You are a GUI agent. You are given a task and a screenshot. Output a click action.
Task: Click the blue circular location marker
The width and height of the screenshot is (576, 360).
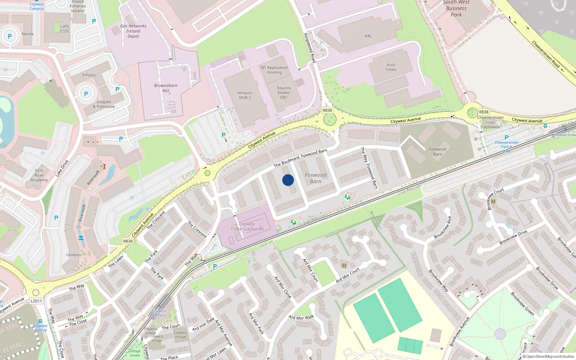point(288,180)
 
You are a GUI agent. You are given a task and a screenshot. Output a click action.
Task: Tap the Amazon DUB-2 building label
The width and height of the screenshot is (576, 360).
point(245,95)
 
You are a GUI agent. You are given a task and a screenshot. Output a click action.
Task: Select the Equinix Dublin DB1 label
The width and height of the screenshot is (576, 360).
point(284,93)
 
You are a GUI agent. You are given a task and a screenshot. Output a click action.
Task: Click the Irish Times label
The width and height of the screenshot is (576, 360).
point(391,67)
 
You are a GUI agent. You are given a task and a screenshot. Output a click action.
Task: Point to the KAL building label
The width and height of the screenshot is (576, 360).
point(368,36)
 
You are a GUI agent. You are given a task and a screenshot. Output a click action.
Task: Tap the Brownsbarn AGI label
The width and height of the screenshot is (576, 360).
point(166,88)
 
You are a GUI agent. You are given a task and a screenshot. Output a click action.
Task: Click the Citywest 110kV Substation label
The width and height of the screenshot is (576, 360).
point(247,226)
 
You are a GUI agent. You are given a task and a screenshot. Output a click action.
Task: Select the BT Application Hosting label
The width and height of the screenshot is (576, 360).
point(275,70)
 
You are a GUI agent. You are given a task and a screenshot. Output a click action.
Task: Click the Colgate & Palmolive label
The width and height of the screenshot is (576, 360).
point(104,104)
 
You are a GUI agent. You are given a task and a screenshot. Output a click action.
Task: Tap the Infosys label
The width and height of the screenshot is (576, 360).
point(89,75)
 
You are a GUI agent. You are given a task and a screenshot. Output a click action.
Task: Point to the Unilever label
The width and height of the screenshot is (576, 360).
point(74,255)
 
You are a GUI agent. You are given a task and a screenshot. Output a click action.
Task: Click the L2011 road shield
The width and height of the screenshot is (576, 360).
point(36,301)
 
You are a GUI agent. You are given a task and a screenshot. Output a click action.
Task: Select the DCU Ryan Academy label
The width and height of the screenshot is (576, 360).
point(39,175)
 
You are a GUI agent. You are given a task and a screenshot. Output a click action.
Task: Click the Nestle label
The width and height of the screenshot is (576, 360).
point(28,34)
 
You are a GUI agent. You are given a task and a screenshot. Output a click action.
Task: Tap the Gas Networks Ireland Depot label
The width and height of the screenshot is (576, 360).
point(133,31)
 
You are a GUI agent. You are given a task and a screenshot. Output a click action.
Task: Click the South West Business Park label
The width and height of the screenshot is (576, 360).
point(456,8)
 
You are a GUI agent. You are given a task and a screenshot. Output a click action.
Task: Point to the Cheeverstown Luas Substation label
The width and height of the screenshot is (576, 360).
point(490,122)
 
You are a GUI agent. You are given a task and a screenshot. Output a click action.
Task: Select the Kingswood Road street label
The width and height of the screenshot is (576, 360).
point(310,48)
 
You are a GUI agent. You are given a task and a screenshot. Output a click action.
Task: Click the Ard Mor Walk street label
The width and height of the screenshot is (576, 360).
point(301,317)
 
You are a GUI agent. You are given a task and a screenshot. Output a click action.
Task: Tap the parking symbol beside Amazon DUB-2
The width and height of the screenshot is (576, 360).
point(224,135)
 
